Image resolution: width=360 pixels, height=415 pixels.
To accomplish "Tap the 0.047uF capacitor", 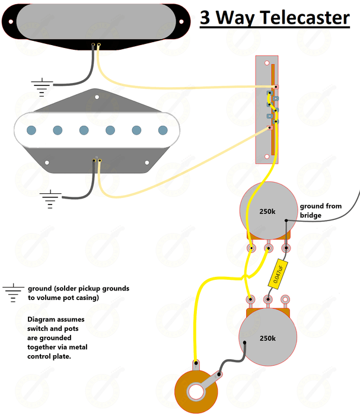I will pyautogui.click(x=277, y=273).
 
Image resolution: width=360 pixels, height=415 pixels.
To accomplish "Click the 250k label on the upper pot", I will pyautogui.click(x=267, y=211).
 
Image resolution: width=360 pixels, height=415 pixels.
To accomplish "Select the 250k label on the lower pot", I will pyautogui.click(x=267, y=338).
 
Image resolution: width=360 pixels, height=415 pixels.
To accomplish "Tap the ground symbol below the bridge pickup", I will pyautogui.click(x=50, y=199).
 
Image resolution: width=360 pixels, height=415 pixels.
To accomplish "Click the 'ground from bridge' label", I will pyautogui.click(x=320, y=210).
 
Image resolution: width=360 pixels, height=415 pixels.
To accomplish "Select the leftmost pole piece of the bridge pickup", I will pyautogui.click(x=32, y=130).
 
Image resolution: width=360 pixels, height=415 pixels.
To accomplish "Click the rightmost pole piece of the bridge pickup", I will pyautogui.click(x=163, y=130).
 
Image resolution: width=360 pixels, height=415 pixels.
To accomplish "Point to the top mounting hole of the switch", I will pyautogui.click(x=267, y=62).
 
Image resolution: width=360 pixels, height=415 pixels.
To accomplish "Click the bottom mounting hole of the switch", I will pyautogui.click(x=267, y=157).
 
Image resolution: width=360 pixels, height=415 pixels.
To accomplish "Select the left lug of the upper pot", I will pyautogui.click(x=251, y=248).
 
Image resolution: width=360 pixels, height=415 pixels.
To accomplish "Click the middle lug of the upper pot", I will pyautogui.click(x=268, y=248).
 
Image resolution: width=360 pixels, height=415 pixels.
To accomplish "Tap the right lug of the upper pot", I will pyautogui.click(x=286, y=248).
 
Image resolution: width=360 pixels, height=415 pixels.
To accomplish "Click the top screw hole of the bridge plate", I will pyautogui.click(x=95, y=94).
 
